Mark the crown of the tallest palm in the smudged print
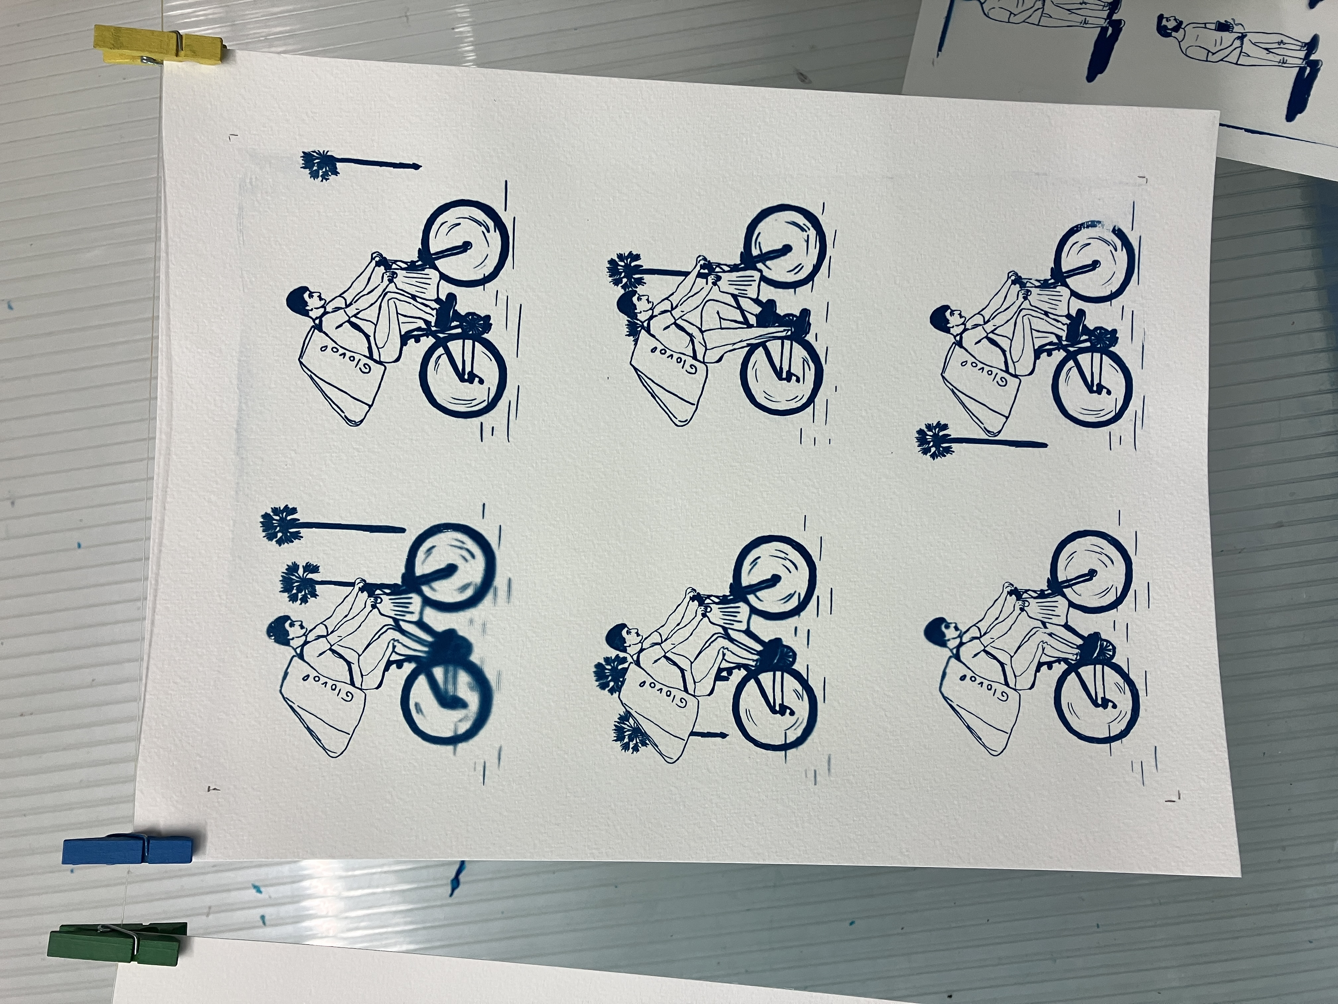tap(279, 525)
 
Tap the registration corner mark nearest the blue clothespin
tap(213, 789)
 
